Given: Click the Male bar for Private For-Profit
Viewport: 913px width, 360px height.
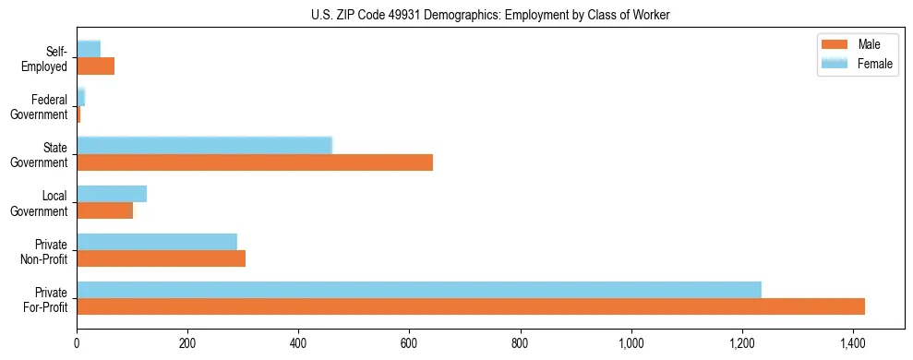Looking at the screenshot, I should [471, 306].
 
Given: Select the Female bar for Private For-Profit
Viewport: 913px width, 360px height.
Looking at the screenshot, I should [419, 290].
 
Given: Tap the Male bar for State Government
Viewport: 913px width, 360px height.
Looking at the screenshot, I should [255, 162].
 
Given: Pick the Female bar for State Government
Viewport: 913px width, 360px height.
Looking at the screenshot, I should [204, 146].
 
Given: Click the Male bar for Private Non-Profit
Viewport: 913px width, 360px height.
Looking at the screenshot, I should [161, 258].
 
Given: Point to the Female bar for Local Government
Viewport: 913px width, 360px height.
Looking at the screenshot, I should [112, 194].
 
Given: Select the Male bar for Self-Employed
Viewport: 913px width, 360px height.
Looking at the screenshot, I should [95, 66].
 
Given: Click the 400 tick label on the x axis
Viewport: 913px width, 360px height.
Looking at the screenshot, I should [298, 343].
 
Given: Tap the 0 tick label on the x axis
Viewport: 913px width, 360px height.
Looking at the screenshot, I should [77, 343].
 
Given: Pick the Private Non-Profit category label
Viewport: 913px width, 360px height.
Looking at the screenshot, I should [48, 251].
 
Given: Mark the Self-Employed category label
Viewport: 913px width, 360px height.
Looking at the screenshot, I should [48, 59].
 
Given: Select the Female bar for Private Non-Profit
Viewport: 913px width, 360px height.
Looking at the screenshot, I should [157, 242].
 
